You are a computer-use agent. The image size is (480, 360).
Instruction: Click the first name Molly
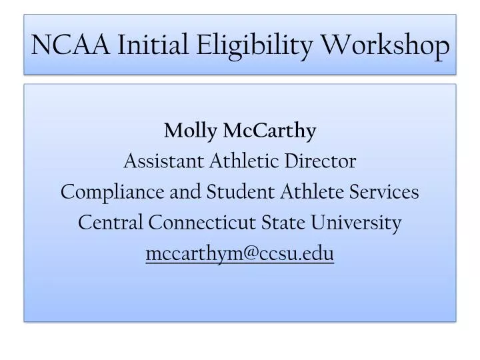pyautogui.click(x=186, y=131)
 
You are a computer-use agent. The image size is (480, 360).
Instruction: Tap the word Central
pyautogui.click(x=111, y=223)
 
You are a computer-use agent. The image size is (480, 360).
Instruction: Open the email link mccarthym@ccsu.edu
pyautogui.click(x=239, y=253)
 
